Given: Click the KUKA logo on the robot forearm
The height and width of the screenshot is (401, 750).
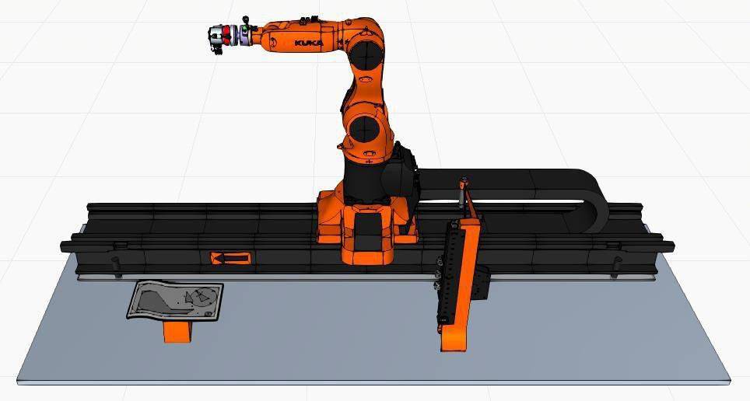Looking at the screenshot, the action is pyautogui.click(x=309, y=43).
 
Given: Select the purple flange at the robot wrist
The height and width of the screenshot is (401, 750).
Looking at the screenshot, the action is pyautogui.click(x=244, y=36).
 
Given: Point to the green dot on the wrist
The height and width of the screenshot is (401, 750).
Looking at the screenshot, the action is pyautogui.click(x=245, y=28).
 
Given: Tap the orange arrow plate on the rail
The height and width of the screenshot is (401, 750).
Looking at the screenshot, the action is pyautogui.click(x=230, y=259).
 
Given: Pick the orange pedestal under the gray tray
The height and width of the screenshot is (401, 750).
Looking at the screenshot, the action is pyautogui.click(x=177, y=331).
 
